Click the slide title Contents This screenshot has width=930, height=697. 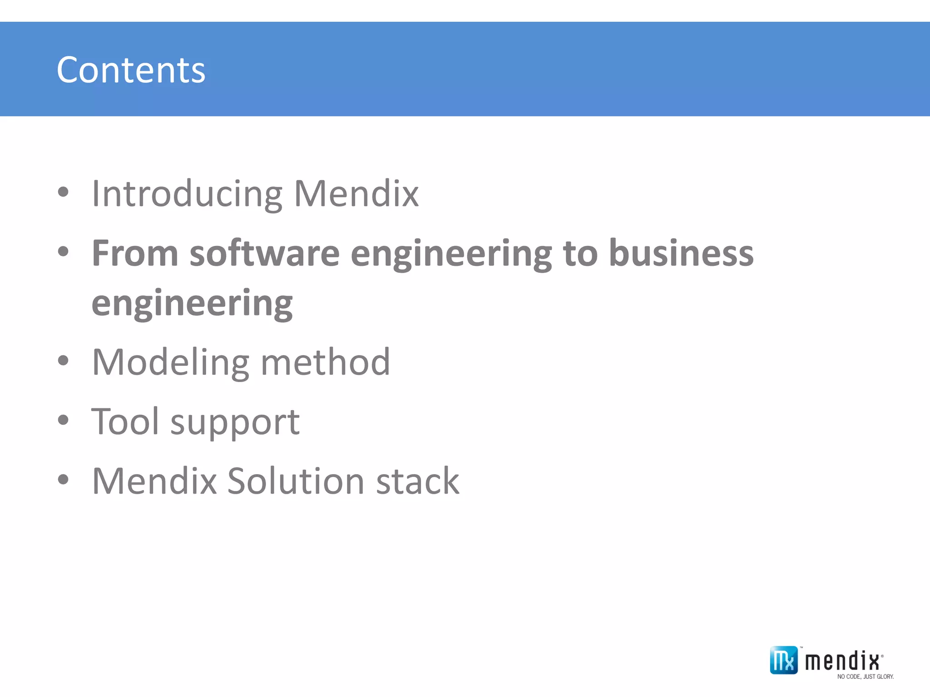131,70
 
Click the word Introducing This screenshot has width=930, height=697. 187,194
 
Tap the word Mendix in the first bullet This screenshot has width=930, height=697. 356,194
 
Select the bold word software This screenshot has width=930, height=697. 264,253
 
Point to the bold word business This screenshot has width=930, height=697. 681,253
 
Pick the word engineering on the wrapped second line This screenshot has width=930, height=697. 192,303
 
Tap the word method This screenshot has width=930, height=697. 325,362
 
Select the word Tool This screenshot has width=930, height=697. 125,422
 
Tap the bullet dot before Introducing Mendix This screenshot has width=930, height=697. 63,192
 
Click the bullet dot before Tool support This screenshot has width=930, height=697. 63,420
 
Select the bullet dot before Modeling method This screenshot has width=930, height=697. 63,361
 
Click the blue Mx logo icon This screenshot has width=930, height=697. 783,660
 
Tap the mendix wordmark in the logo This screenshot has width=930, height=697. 842,661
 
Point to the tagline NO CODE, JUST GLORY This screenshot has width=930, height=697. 865,677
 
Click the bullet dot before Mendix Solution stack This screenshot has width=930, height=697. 63,480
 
